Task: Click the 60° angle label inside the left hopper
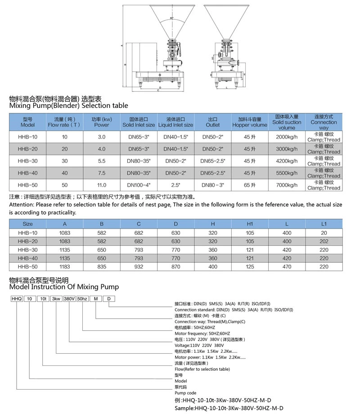172,18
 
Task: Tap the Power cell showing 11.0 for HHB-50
102,185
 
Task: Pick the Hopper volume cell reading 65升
250,185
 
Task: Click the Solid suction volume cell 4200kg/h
287,161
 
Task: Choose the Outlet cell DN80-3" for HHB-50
213,185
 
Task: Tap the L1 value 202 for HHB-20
324,241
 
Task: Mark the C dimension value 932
139,267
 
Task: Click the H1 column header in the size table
250,224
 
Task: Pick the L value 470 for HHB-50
287,267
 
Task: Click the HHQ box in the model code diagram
16,298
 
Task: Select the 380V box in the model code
69,298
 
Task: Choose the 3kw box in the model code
56,298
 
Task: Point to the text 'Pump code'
185,393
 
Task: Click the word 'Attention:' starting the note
22,204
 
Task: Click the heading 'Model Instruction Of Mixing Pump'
64,286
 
